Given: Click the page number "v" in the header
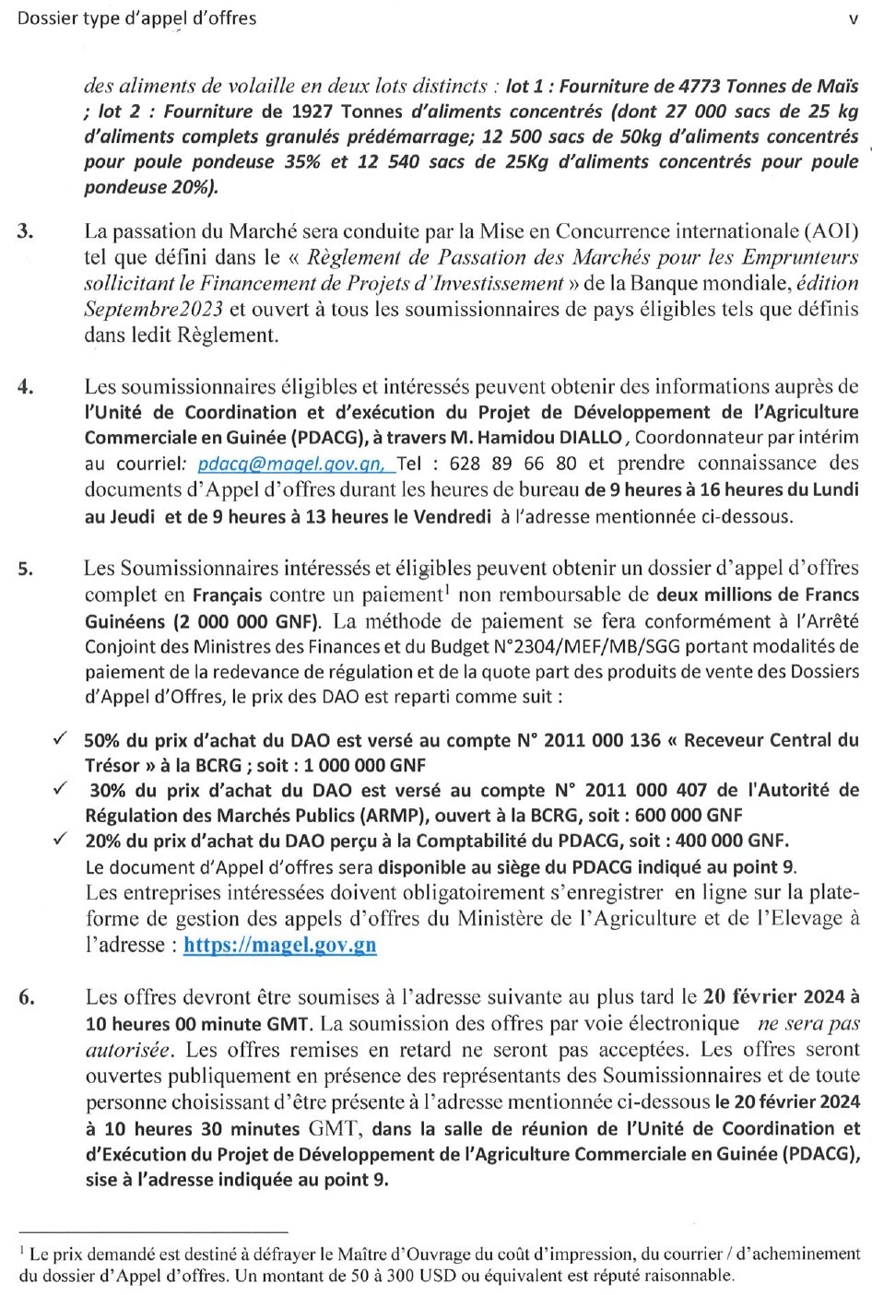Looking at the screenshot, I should pos(853,18).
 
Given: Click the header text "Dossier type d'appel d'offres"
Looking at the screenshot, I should pos(137,18).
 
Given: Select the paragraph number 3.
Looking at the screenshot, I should pos(26,230).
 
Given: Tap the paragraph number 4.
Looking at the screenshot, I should pos(26,385).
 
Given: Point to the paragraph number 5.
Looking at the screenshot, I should pos(26,569).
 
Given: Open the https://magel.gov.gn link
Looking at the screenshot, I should pos(280,945).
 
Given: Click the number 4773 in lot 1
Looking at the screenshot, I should pos(700,87).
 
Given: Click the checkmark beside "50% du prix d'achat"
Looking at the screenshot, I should pos(60,739).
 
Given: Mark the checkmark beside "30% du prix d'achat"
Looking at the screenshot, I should pos(60,789).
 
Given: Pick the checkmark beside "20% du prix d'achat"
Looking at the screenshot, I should pos(60,839).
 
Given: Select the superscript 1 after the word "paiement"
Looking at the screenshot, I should pos(447,589).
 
